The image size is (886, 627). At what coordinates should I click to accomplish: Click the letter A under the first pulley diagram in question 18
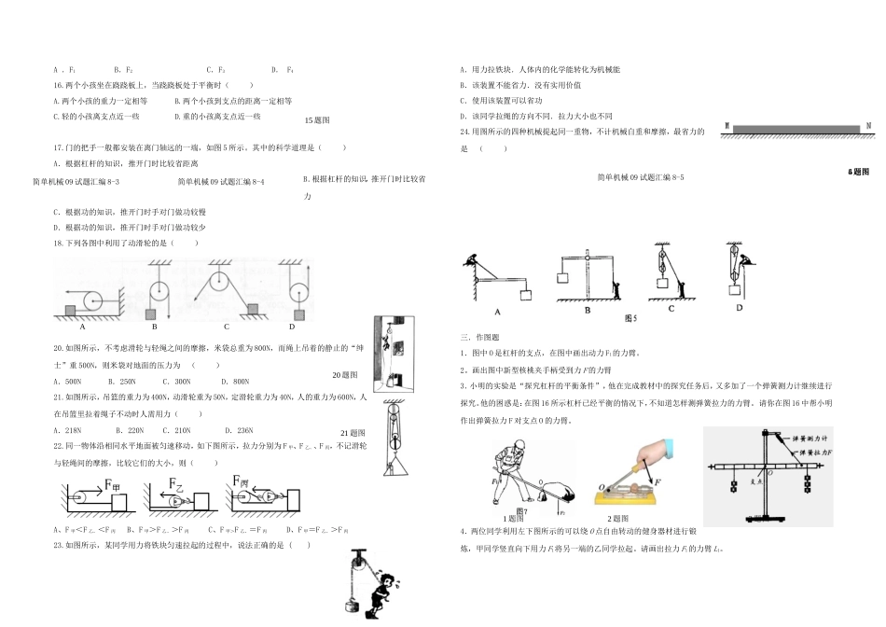pyautogui.click(x=82, y=327)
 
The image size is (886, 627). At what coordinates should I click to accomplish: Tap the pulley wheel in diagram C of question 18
pyautogui.click(x=223, y=277)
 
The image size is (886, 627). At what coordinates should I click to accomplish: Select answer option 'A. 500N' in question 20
pyautogui.click(x=68, y=382)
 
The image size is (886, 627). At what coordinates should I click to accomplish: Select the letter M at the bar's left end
pyautogui.click(x=726, y=125)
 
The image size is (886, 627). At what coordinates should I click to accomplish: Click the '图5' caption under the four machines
pyautogui.click(x=630, y=318)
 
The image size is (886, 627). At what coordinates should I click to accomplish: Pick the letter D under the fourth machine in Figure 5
pyautogui.click(x=740, y=308)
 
